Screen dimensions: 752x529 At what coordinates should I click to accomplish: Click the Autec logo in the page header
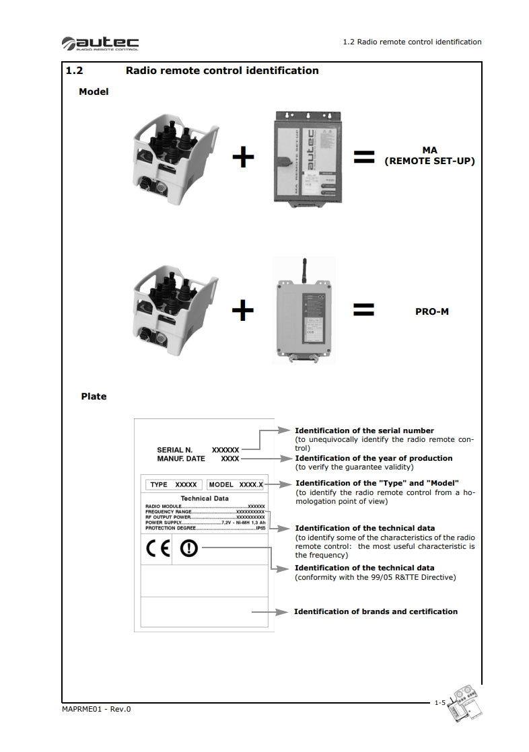coord(100,44)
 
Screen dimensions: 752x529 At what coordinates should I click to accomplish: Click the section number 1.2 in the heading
coord(73,71)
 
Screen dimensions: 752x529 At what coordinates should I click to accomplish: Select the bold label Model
coord(94,91)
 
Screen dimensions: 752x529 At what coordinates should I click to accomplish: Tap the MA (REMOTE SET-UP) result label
coord(429,156)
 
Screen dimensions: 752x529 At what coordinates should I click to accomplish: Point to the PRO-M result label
coord(431,312)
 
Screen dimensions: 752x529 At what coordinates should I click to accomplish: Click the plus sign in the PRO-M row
coord(243,310)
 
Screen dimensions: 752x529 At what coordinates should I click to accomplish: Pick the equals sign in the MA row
coord(363,158)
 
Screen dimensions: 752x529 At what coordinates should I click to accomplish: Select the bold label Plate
coord(94,397)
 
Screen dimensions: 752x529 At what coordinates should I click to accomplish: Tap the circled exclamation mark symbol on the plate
coord(189,549)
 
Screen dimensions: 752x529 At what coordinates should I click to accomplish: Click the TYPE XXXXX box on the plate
coord(174,484)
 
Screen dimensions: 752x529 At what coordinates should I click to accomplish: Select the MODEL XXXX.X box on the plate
coord(236,484)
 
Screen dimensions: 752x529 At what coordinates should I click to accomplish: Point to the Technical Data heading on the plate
coord(205,498)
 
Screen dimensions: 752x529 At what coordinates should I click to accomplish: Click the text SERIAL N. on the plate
coord(174,449)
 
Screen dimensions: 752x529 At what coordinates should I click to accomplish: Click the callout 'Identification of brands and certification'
coord(376,611)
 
